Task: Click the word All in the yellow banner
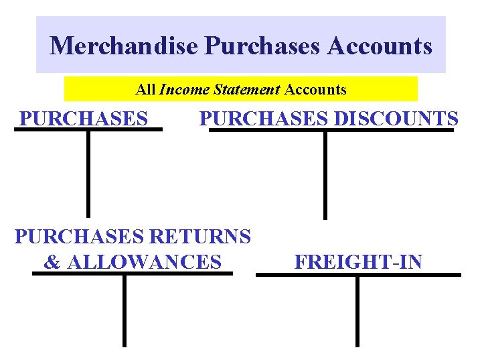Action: (x=145, y=89)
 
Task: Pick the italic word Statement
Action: (x=247, y=89)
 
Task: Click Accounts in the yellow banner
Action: (x=316, y=89)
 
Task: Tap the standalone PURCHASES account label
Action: (x=84, y=119)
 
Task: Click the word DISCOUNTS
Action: (x=396, y=119)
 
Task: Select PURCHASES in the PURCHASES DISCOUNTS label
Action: (x=264, y=119)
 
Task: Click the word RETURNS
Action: (x=201, y=237)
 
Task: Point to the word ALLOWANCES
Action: (x=145, y=262)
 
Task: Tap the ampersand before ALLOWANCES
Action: (x=52, y=262)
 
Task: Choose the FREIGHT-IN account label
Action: (x=358, y=262)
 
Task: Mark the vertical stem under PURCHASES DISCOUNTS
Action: (x=325, y=174)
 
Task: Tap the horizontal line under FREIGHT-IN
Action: (x=358, y=274)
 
